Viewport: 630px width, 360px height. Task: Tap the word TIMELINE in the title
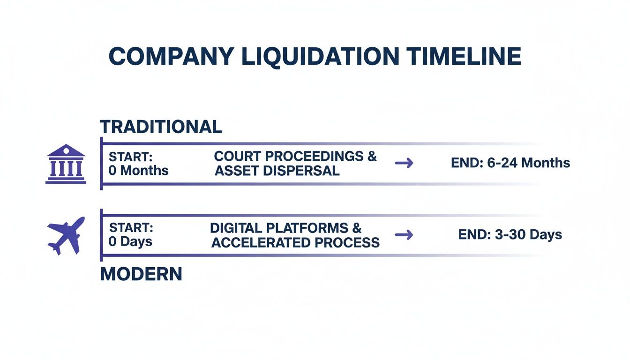(x=464, y=57)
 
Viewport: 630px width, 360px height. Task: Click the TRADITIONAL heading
(x=161, y=127)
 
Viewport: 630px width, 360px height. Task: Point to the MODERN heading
(x=141, y=274)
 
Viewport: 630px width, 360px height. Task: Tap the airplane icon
(x=66, y=235)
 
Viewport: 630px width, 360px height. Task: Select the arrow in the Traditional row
(x=404, y=163)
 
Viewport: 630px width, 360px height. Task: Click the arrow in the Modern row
(x=404, y=235)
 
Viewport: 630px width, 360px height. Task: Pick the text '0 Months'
(x=138, y=171)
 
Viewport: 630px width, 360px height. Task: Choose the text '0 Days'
(x=131, y=242)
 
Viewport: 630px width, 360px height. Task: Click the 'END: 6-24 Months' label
(x=510, y=163)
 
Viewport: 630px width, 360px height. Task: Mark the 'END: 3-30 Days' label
(x=510, y=234)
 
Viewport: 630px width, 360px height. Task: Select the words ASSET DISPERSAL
(x=277, y=171)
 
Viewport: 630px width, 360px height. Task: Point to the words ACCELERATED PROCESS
(x=295, y=242)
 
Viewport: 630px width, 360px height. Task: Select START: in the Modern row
(x=131, y=228)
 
